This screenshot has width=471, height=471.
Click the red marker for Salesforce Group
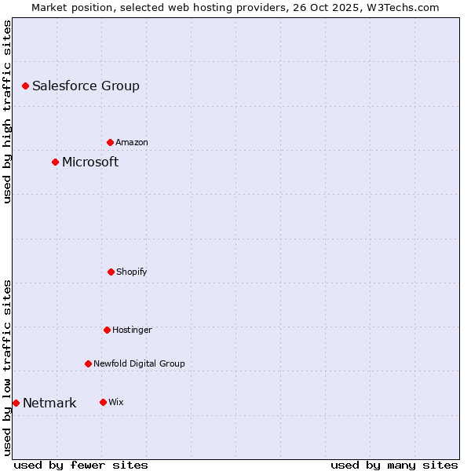[x=25, y=86]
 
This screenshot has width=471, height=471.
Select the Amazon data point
[x=110, y=142]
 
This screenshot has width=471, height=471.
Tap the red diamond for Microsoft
[x=55, y=162]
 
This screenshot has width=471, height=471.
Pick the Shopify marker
[x=111, y=272]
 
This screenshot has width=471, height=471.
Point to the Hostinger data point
[x=107, y=330]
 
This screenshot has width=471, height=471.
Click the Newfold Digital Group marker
[x=88, y=363]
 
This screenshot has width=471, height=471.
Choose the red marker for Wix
[x=103, y=402]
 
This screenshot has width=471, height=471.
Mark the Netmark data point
[x=16, y=403]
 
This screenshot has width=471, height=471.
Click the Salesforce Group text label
[x=86, y=86]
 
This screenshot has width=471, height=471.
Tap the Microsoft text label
[x=90, y=162]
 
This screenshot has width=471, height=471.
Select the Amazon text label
[x=132, y=143]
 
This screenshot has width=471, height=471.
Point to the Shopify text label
[x=132, y=272]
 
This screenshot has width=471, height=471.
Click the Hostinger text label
[x=132, y=330]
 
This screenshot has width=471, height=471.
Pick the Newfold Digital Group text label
[x=139, y=364]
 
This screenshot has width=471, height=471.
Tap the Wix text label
[x=116, y=403]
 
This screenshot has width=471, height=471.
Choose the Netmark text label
[x=49, y=403]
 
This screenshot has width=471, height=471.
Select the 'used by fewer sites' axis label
[x=81, y=465]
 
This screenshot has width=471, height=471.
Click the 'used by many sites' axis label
[x=394, y=465]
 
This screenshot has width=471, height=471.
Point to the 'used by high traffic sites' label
[x=7, y=111]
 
